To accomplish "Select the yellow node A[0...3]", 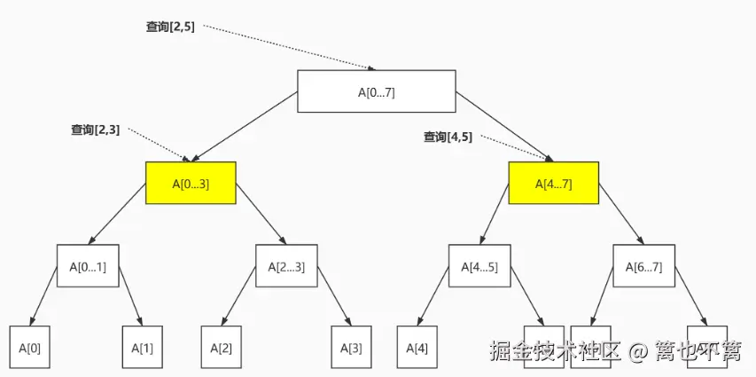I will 191,184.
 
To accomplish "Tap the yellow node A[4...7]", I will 553,184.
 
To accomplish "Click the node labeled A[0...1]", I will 88,265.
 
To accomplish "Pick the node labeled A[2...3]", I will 286,265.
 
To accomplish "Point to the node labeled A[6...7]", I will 643,265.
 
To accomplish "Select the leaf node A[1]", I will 143,348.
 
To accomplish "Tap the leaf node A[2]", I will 222,348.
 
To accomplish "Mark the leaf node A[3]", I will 352,348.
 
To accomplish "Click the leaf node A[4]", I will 417,348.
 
